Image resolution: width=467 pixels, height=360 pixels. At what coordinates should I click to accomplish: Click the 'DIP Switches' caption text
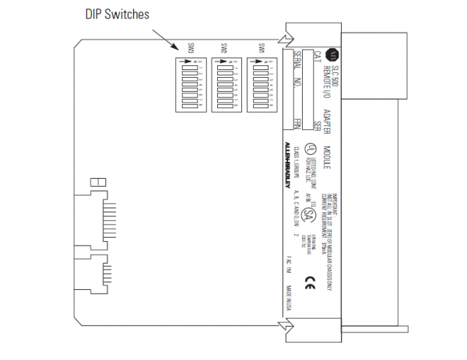pyautogui.click(x=116, y=14)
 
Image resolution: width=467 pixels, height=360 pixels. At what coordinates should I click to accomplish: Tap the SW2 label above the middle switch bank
pyautogui.click(x=224, y=48)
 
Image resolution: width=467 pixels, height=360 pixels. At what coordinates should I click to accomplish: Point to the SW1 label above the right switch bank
pyautogui.click(x=261, y=48)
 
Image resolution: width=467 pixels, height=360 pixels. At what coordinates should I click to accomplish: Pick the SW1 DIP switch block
pyautogui.click(x=262, y=86)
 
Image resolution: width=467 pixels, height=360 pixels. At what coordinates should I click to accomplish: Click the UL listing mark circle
pyautogui.click(x=310, y=149)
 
